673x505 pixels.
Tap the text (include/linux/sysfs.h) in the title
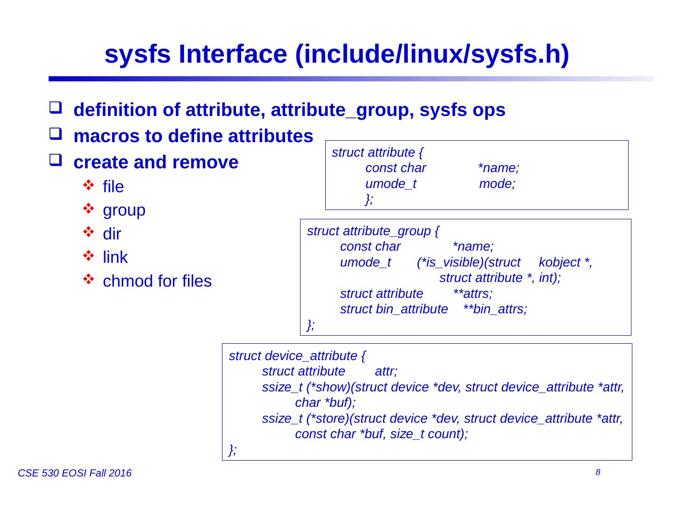pyautogui.click(x=432, y=55)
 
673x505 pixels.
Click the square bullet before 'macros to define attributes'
pyautogui.click(x=55, y=137)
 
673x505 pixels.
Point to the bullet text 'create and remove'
pyautogui.click(x=156, y=162)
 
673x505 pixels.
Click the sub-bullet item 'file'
pyautogui.click(x=113, y=187)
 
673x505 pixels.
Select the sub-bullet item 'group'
pyautogui.click(x=124, y=210)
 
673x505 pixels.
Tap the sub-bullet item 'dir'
pyautogui.click(x=112, y=234)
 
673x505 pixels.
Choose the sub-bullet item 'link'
pyautogui.click(x=115, y=257)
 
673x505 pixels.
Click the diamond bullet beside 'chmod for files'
pyautogui.click(x=88, y=281)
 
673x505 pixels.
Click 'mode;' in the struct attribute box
pyautogui.click(x=497, y=184)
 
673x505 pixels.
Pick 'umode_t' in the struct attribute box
pyautogui.click(x=391, y=184)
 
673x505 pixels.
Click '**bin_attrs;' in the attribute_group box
pyautogui.click(x=495, y=310)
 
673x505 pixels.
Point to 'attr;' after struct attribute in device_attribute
pyautogui.click(x=386, y=372)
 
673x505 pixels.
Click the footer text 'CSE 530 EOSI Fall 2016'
pyautogui.click(x=74, y=474)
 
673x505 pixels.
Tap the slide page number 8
pyautogui.click(x=598, y=473)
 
